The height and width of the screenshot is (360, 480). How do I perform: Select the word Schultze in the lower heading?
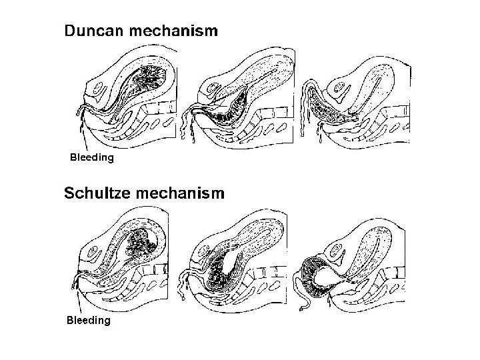[96, 193]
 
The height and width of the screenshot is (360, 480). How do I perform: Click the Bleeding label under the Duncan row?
[92, 158]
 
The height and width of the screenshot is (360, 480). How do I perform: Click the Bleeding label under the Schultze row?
[88, 321]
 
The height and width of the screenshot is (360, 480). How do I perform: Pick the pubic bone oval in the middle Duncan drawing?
[212, 87]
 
